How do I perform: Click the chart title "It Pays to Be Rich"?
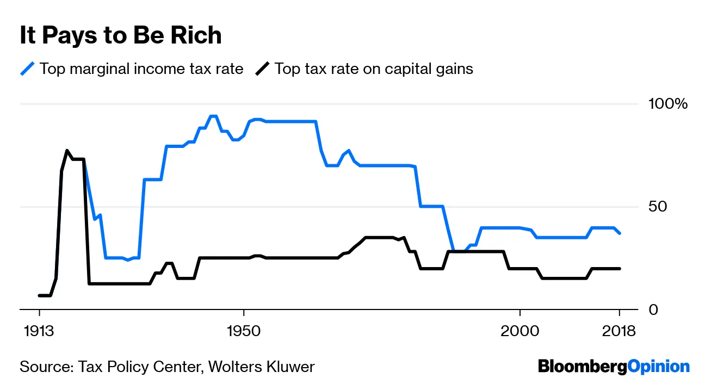coord(120,36)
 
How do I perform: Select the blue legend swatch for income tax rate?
coord(27,69)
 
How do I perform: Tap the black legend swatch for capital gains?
coord(263,69)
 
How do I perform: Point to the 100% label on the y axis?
coord(669,104)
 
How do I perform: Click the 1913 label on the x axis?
coord(39,330)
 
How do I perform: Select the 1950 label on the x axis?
coord(244,330)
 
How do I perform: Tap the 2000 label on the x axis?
coord(520,330)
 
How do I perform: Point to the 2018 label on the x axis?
coord(619,330)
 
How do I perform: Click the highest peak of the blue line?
coord(213,116)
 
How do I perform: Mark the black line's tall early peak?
coord(67,151)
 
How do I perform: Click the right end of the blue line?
coord(620,233)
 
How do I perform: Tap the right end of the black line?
coord(620,268)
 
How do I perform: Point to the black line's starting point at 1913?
coord(39,295)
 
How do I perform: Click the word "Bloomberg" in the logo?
coord(582,367)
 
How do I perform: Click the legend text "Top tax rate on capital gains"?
coord(374,69)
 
